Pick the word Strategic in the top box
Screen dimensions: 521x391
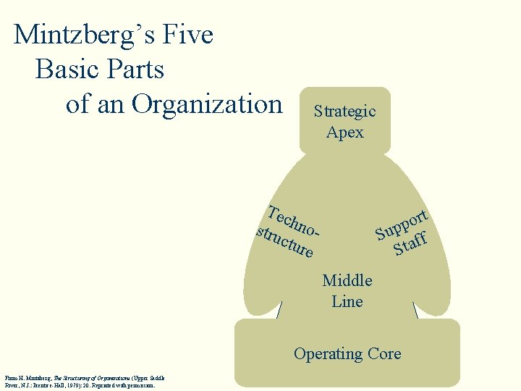click(344, 112)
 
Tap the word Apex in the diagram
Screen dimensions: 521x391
click(345, 133)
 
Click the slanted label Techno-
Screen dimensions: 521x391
click(292, 222)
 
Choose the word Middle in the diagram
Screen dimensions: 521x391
click(347, 280)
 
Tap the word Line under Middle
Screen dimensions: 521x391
click(347, 301)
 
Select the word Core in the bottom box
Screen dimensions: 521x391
click(384, 354)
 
